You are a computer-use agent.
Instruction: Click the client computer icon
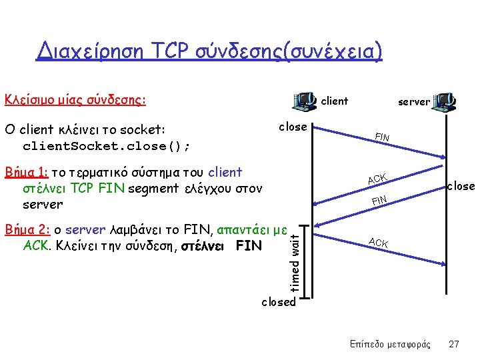tap(305, 101)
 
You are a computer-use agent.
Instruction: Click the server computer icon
tap(443, 101)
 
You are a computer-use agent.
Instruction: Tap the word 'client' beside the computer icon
tap(335, 101)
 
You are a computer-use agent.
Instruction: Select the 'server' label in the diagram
tap(414, 102)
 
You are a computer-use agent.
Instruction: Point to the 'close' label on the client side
tap(293, 127)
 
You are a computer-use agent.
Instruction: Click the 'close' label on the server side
tap(461, 186)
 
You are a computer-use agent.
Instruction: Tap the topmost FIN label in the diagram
tap(382, 137)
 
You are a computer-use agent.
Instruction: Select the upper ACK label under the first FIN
tap(377, 178)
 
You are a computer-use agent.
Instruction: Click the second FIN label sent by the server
tap(380, 200)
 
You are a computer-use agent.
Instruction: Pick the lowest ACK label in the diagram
tap(378, 243)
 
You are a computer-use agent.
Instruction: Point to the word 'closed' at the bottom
tap(278, 302)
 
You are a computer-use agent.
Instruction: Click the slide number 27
tap(454, 344)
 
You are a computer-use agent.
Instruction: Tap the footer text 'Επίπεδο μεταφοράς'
tap(390, 344)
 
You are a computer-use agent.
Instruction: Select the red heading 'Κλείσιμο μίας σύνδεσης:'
tap(75, 101)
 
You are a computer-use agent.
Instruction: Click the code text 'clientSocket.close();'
tap(107, 145)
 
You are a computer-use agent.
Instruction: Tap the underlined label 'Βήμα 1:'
tap(27, 172)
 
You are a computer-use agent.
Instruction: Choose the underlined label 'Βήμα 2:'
tap(27, 230)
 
